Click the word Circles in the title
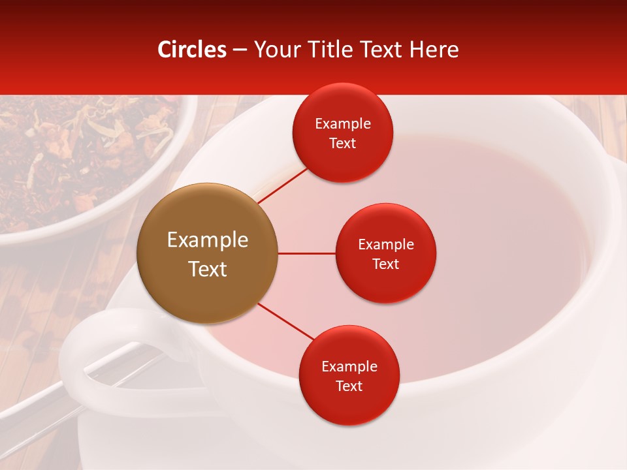pos(192,50)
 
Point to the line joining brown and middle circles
pos(306,253)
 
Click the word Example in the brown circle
pos(208,240)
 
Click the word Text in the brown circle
pos(208,269)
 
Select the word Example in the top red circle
pos(342,124)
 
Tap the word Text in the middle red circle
pos(385,264)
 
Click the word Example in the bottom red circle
pos(349,367)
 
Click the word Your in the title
pos(274,50)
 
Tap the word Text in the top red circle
pos(342,144)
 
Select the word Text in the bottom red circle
pos(349,386)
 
